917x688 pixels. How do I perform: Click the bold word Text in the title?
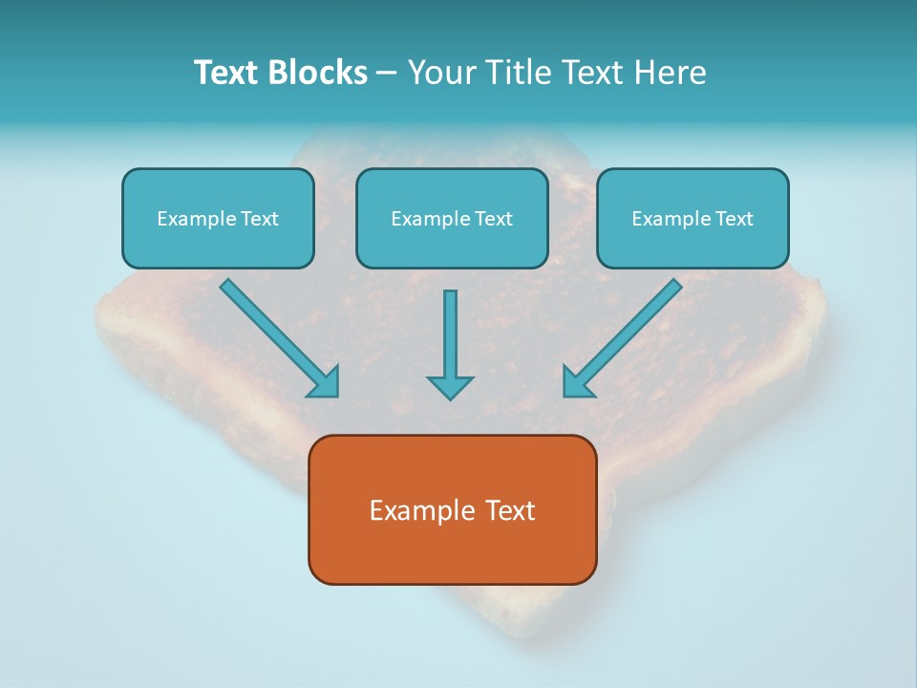pos(225,73)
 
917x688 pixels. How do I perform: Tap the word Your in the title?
pos(442,73)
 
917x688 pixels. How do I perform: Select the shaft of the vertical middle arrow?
pos(450,330)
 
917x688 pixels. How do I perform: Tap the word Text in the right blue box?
pos(734,219)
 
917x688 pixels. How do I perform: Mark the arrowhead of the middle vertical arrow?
pos(450,387)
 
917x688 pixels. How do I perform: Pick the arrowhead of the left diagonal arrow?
pos(325,382)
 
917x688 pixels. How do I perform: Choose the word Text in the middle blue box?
pos(493,219)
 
